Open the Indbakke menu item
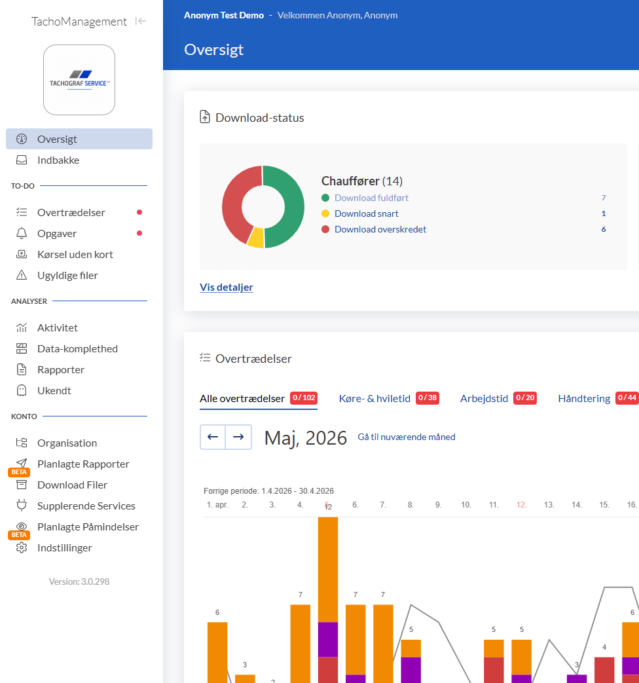tap(58, 160)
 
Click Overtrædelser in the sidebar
tap(71, 213)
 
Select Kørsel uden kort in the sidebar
tap(75, 254)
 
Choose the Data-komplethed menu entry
tap(77, 349)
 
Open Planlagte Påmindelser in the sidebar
tap(88, 527)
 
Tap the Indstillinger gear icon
tap(22, 547)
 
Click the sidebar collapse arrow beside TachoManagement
tap(140, 21)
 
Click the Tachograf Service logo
tap(79, 80)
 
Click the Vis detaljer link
tap(226, 287)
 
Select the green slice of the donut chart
tap(293, 207)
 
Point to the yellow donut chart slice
tap(256, 238)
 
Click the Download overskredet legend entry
tap(380, 230)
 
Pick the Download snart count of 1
tap(603, 213)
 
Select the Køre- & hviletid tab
tap(374, 399)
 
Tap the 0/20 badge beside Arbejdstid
tap(525, 397)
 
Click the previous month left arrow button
tap(213, 437)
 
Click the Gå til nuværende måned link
tap(407, 437)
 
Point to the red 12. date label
tap(521, 505)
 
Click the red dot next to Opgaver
tap(139, 233)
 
